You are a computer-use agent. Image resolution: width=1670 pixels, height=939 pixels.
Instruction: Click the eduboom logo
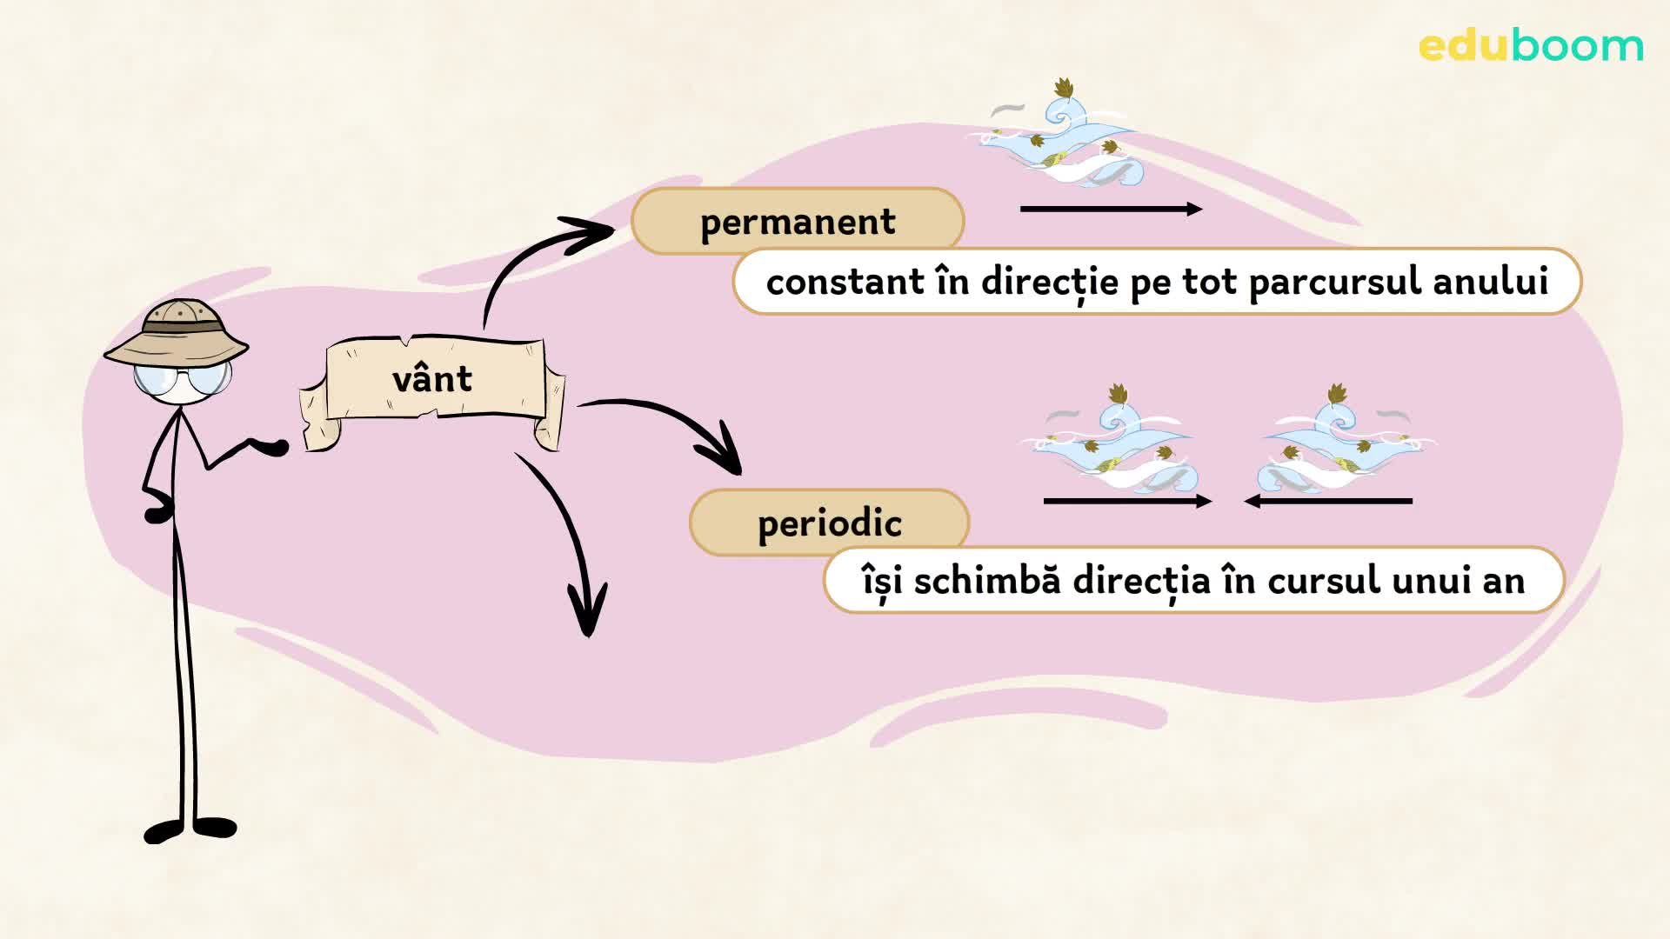coord(1530,45)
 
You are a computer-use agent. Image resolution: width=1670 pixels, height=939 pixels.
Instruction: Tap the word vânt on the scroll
coord(432,379)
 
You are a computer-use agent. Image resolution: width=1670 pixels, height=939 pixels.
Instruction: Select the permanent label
coord(798,222)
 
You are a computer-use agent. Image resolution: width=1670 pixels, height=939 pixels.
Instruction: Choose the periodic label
coord(829,523)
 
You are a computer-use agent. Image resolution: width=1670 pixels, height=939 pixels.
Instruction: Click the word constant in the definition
coord(833,282)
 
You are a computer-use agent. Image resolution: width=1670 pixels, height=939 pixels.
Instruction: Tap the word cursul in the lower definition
coord(1324,580)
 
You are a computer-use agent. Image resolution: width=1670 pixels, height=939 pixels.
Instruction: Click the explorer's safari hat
coord(177,333)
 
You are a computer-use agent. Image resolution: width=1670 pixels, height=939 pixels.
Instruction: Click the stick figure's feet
coord(190,829)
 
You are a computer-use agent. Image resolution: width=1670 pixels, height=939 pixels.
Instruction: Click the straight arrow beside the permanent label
coord(1111,209)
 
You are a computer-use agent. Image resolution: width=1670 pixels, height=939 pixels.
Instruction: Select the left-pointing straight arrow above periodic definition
coord(1328,501)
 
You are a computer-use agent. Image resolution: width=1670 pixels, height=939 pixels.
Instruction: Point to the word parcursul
coord(1335,282)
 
